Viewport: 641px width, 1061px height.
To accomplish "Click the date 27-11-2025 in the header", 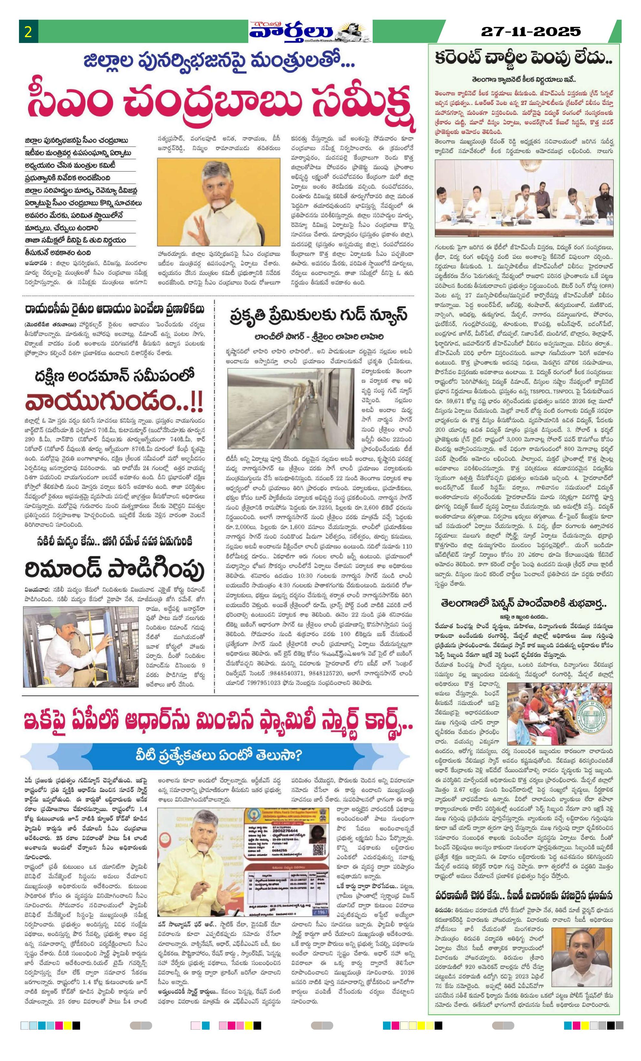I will [530, 31].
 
